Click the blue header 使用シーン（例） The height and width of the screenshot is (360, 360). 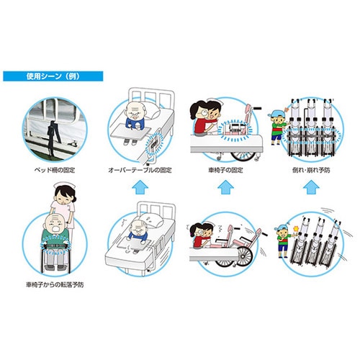[x=53, y=76]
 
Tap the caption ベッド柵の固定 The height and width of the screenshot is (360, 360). [x=55, y=170]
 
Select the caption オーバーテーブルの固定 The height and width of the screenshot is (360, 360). [x=140, y=170]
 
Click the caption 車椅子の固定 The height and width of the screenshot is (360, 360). [x=225, y=170]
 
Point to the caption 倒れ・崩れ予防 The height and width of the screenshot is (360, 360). [x=311, y=170]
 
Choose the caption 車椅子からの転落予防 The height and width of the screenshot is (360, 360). [x=55, y=285]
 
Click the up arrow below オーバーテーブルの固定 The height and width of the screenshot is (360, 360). [x=140, y=187]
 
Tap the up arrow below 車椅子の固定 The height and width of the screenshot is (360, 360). [x=225, y=187]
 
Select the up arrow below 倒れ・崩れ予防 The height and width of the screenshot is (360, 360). [x=311, y=187]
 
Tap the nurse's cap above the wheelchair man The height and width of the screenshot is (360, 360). [x=63, y=185]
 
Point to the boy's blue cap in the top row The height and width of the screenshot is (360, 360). [x=279, y=113]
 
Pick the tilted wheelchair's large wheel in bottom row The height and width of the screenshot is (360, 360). [x=244, y=256]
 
